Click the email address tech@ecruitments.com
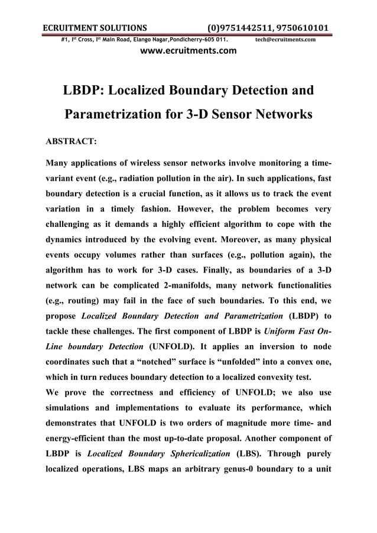pos(285,40)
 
